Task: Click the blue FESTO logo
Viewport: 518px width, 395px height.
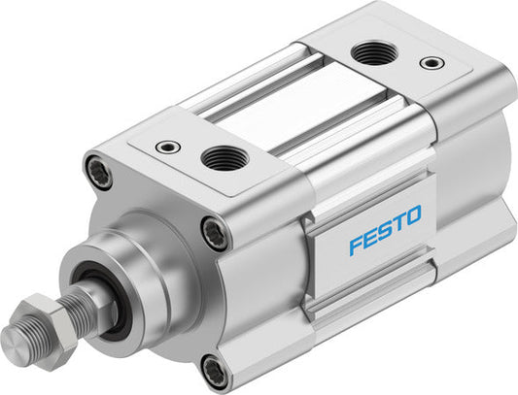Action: [x=385, y=229]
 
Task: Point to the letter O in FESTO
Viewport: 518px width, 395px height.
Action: [x=414, y=215]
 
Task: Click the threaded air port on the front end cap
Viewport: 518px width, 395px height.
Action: [x=224, y=157]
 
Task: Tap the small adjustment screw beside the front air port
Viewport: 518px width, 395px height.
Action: [x=167, y=146]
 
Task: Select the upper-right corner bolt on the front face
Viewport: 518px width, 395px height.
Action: [x=216, y=231]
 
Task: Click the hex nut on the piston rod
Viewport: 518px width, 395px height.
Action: [x=60, y=318]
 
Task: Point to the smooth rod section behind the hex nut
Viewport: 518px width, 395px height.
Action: [x=86, y=303]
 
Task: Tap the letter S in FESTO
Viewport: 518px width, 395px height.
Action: [x=384, y=229]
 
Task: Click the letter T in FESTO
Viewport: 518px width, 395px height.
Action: [x=398, y=222]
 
